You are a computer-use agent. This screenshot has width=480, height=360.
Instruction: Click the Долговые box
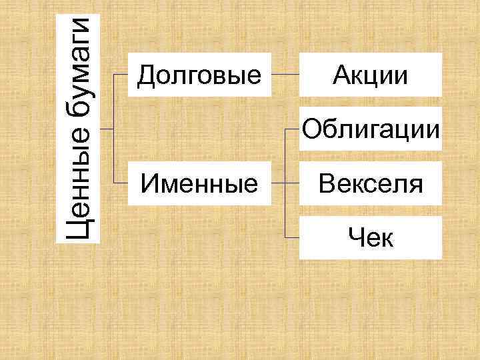tap(199, 75)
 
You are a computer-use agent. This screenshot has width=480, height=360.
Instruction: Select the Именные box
tap(199, 183)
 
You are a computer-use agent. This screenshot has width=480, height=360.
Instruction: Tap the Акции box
tap(370, 75)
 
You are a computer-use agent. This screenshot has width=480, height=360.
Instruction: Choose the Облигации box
tap(370, 129)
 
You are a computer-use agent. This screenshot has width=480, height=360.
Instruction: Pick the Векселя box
tap(370, 183)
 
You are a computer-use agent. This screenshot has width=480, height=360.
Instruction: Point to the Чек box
tap(370, 237)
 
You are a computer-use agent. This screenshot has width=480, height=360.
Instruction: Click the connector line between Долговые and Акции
tap(285, 75)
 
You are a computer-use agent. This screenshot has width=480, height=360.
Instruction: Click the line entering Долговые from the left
tap(121, 75)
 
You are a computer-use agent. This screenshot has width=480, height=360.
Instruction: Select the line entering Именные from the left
tap(121, 183)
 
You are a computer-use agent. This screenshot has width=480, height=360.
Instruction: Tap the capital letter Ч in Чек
tap(353, 237)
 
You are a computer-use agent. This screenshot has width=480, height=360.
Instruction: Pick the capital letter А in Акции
tap(341, 75)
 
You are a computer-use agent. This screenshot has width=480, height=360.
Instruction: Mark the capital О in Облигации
tap(310, 128)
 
